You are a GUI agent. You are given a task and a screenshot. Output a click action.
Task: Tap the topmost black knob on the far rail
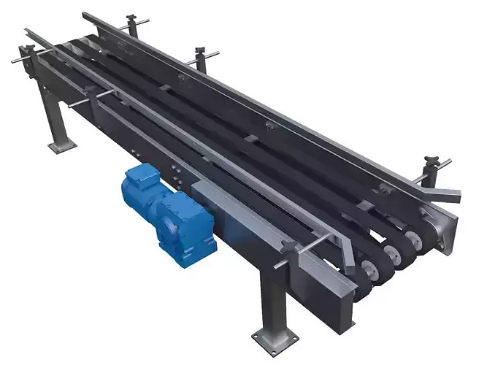tap(132, 18)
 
